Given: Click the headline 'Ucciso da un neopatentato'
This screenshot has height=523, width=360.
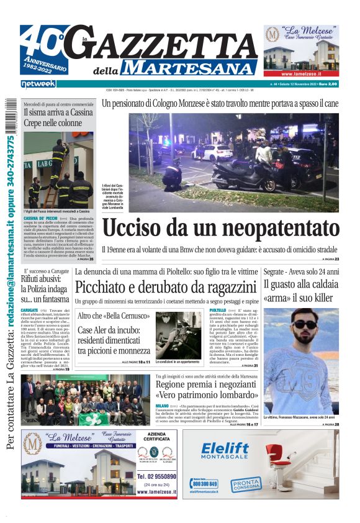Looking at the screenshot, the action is (220, 228).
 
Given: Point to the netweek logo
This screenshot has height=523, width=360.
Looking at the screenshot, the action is (38, 84).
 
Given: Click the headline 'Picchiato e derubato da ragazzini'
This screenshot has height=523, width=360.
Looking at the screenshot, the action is (165, 287).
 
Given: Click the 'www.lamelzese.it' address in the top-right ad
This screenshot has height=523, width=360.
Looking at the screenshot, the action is (301, 73).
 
